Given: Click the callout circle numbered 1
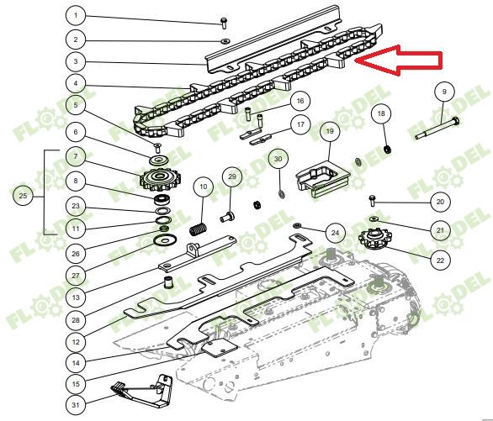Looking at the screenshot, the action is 76,15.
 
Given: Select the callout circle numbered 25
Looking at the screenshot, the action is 23,196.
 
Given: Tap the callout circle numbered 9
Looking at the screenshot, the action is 444,92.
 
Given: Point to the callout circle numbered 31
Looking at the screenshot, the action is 76,405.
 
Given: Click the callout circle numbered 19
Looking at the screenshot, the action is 330,130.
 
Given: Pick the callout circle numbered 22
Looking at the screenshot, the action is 441,260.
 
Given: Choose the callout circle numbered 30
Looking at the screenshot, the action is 278,159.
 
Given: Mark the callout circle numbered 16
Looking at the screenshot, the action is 300,101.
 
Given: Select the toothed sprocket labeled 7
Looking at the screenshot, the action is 161,180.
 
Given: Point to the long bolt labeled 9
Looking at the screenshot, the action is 437,128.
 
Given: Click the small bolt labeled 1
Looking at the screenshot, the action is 224,24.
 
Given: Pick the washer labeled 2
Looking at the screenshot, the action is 225,41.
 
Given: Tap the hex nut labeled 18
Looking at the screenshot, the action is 388,149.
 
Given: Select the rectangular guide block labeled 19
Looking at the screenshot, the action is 322,179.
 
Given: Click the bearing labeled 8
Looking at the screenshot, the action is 163,199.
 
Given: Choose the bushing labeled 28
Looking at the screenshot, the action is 169,282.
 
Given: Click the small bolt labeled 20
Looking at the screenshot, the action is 372,200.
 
